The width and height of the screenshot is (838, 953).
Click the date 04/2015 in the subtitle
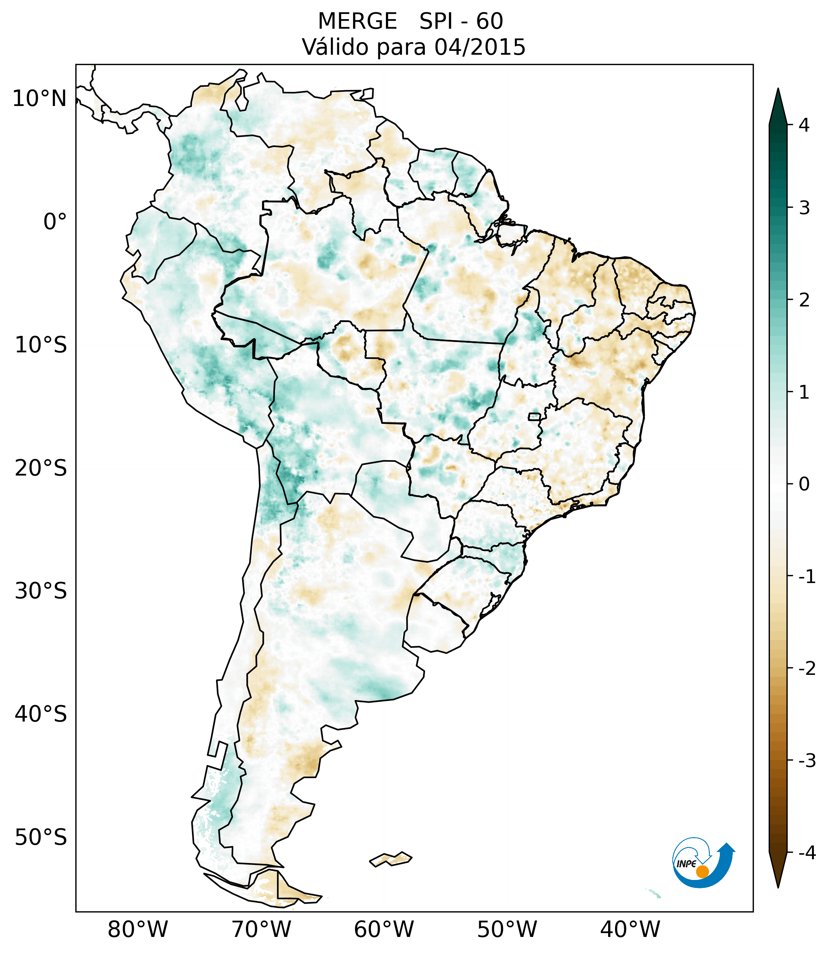coord(480,47)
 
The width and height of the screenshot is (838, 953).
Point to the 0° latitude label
coord(55,222)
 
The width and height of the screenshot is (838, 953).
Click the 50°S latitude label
coord(41,837)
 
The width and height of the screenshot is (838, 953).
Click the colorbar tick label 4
coord(804,125)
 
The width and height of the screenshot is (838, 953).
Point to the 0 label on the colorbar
coord(804,484)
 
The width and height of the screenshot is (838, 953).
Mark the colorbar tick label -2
coord(807,669)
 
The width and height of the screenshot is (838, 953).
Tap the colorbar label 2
coord(804,300)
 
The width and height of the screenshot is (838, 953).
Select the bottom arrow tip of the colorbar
coord(778,887)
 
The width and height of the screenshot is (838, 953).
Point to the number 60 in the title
coord(490,21)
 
